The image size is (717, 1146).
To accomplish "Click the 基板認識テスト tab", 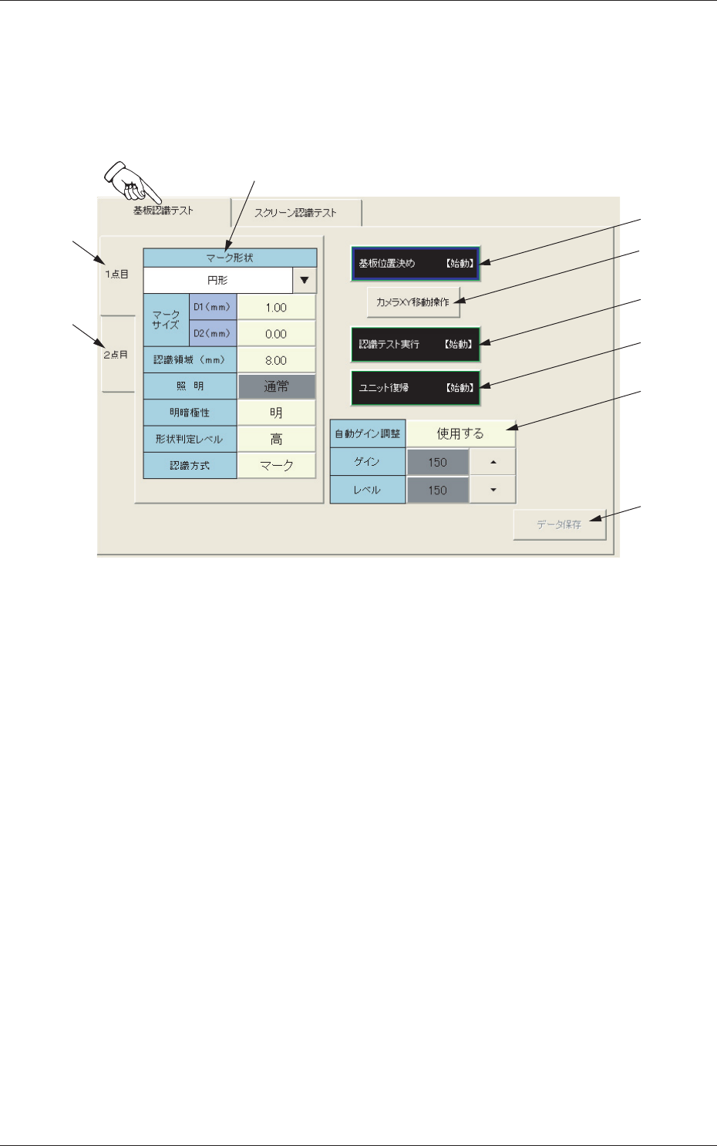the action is pyautogui.click(x=163, y=211).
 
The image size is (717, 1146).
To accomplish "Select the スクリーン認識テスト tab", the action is pyautogui.click(x=295, y=213).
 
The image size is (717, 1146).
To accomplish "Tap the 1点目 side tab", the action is pyautogui.click(x=116, y=275).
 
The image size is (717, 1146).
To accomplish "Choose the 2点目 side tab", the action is pyautogui.click(x=116, y=355).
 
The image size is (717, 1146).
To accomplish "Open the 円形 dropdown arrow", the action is pyautogui.click(x=305, y=281).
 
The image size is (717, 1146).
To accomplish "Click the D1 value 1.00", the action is pyautogui.click(x=276, y=308).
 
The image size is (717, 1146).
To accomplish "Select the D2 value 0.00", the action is pyautogui.click(x=276, y=334).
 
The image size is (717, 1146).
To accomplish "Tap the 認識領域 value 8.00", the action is pyautogui.click(x=276, y=360).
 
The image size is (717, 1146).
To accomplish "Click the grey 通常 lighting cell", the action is pyautogui.click(x=276, y=386).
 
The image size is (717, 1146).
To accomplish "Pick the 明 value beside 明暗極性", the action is pyautogui.click(x=276, y=413).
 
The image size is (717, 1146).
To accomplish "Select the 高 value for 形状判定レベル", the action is pyautogui.click(x=276, y=439).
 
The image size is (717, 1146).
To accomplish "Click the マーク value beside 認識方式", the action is pyautogui.click(x=276, y=466).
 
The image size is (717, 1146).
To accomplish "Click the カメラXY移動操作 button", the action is pyautogui.click(x=413, y=302).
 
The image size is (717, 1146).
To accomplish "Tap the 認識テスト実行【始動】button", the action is pyautogui.click(x=416, y=345).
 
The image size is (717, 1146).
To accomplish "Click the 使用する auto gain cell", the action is pyautogui.click(x=460, y=433).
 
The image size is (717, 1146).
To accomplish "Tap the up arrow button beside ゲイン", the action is pyautogui.click(x=493, y=462).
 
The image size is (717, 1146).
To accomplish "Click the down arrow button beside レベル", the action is pyautogui.click(x=493, y=490).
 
